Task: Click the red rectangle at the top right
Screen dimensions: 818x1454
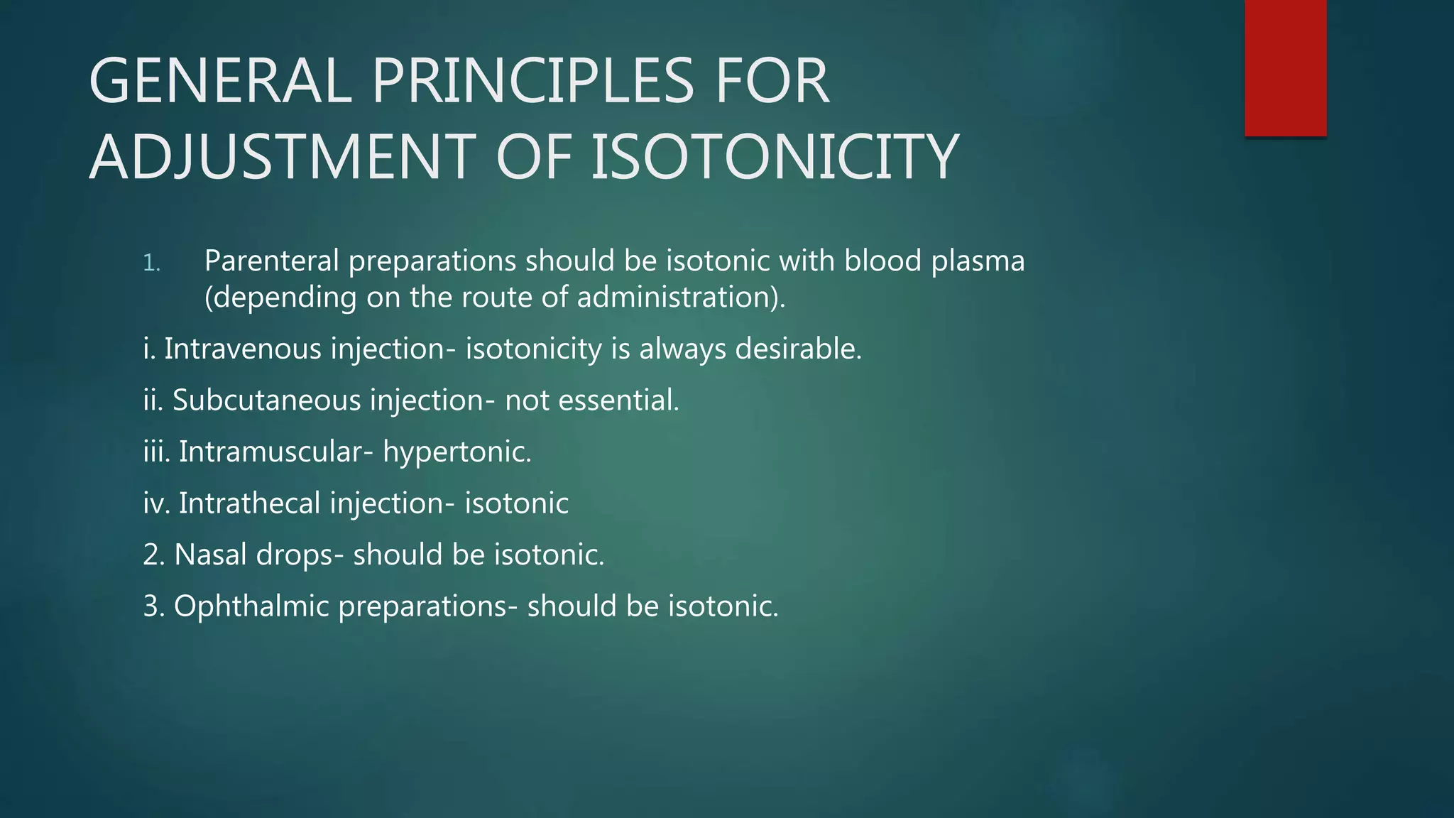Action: [1285, 67]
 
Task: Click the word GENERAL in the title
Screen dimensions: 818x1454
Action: [220, 82]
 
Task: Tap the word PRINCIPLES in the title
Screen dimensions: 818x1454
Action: [532, 82]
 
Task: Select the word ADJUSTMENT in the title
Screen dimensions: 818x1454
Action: [283, 158]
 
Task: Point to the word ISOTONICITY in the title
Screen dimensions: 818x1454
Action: [775, 158]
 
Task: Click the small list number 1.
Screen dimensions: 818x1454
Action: [151, 263]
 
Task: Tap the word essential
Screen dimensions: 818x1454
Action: [618, 401]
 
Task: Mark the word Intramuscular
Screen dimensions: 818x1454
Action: [275, 452]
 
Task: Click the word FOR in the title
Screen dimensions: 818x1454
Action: [772, 82]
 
